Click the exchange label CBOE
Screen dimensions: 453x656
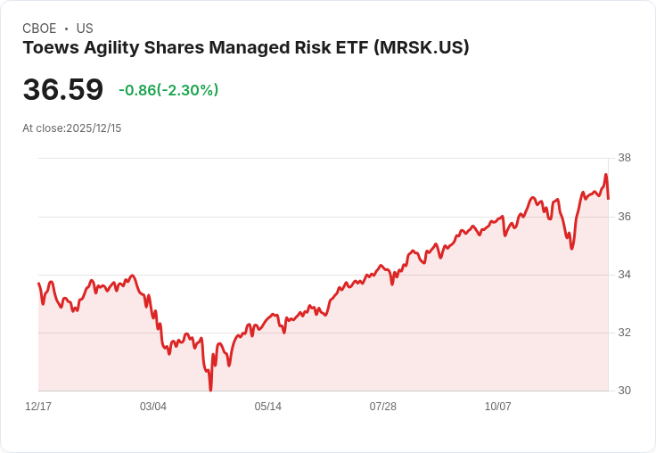[x=39, y=29]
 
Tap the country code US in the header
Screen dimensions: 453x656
[x=85, y=29]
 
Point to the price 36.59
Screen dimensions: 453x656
[x=62, y=90]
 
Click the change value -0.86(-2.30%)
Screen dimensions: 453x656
[x=168, y=90]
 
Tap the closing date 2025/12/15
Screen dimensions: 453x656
[x=94, y=128]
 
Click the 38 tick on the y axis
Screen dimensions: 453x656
[x=624, y=159]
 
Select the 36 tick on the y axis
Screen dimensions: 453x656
[x=624, y=217]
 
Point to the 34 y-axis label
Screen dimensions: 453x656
[x=624, y=275]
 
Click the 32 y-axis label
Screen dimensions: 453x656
[x=624, y=333]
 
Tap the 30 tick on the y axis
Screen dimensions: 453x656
[x=624, y=391]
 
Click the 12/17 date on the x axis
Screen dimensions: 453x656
[x=38, y=407]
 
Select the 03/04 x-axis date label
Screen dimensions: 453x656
[x=153, y=407]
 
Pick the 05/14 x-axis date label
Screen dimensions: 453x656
[x=268, y=407]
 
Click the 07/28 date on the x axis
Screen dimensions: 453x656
[x=383, y=407]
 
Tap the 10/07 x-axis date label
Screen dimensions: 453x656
[x=498, y=407]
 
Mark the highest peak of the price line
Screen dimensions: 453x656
[x=606, y=175]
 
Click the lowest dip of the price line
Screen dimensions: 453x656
[x=210, y=390]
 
